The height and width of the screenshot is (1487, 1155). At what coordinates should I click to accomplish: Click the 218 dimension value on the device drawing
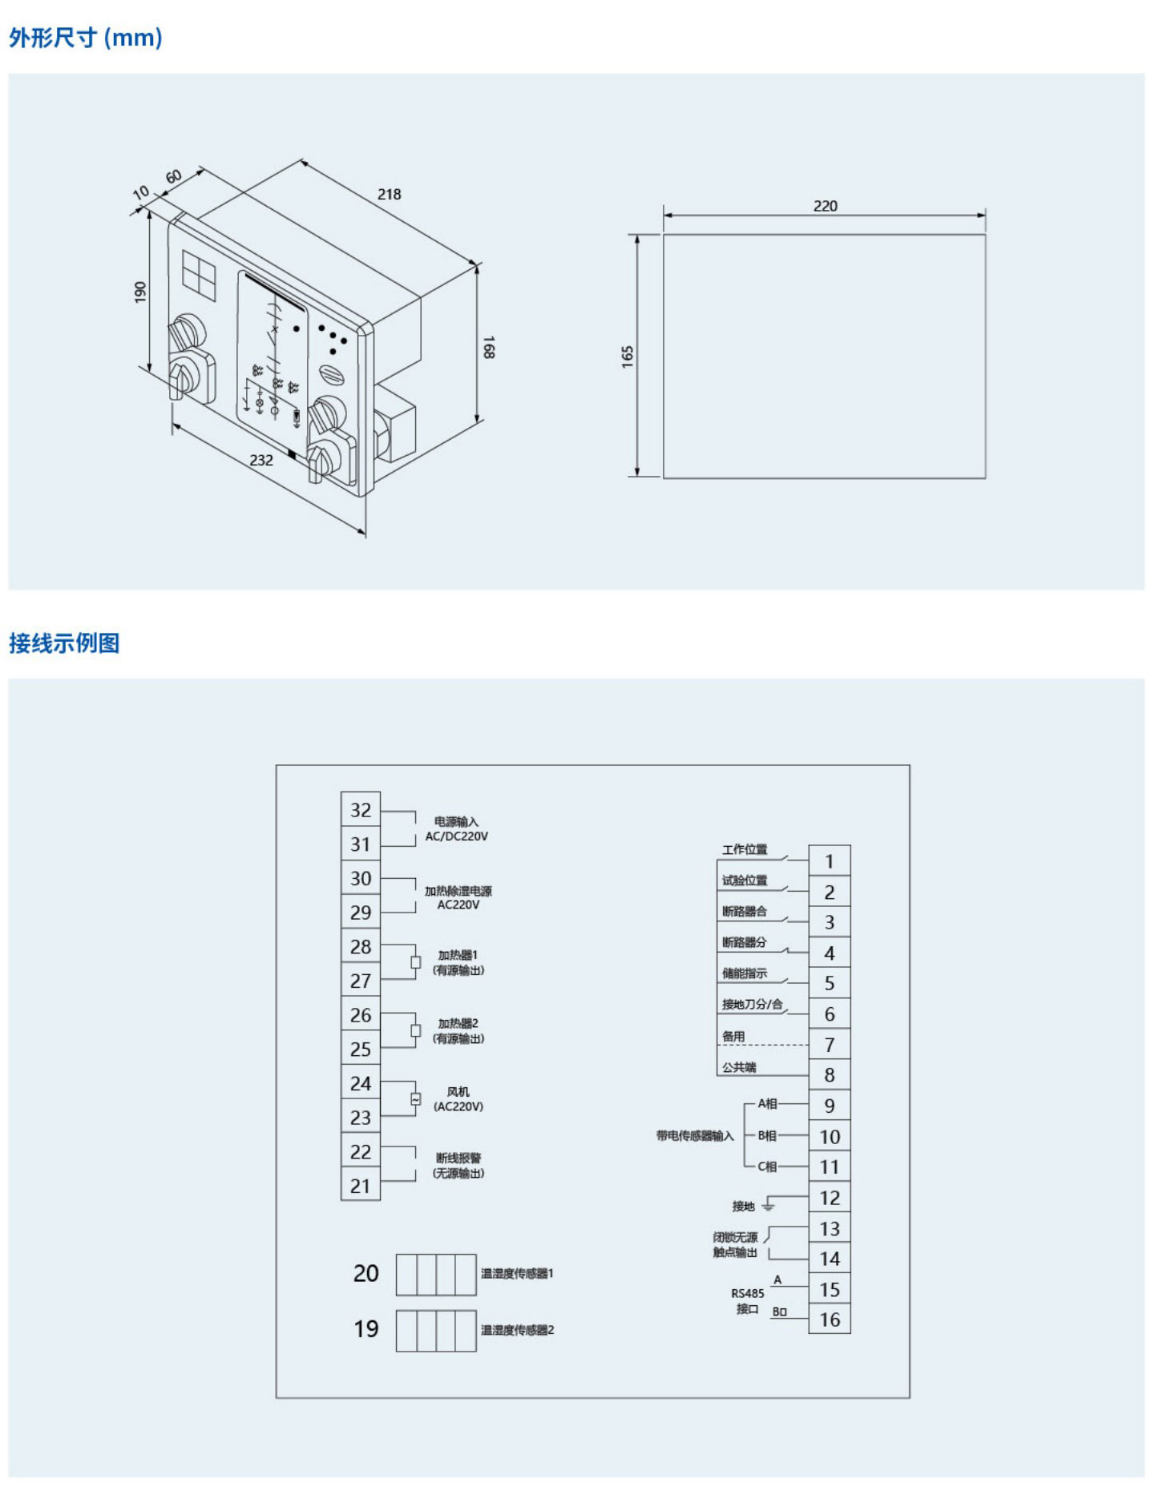[389, 194]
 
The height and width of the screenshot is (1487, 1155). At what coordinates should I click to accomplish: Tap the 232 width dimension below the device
[261, 460]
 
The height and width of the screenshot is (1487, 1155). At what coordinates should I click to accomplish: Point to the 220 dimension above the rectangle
[825, 206]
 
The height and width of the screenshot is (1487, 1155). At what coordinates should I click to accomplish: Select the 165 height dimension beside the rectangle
[627, 357]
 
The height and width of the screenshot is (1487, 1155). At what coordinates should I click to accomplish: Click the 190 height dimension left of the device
[140, 292]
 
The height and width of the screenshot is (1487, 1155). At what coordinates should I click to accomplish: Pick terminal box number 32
[361, 810]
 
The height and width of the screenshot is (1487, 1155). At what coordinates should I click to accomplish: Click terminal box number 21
[361, 1186]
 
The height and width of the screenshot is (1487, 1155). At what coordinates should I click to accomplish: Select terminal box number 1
[829, 861]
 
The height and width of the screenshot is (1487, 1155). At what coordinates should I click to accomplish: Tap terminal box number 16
[829, 1320]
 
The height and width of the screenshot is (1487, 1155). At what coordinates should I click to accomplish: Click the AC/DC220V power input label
[456, 836]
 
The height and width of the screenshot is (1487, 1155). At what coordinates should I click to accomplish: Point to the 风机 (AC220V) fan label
[458, 1099]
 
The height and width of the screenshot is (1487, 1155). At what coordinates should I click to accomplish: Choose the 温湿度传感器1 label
[517, 1273]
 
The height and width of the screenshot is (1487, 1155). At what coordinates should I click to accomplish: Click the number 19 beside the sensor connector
[366, 1329]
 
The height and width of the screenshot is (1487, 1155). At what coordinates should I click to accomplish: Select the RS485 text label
[747, 1293]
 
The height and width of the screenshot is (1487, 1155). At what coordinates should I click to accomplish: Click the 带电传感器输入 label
[694, 1135]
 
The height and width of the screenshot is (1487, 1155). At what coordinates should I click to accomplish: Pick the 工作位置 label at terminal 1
[744, 849]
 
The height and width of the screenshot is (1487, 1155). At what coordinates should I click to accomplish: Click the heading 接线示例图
[64, 643]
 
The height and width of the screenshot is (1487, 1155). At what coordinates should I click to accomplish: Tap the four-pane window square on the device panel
[199, 275]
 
